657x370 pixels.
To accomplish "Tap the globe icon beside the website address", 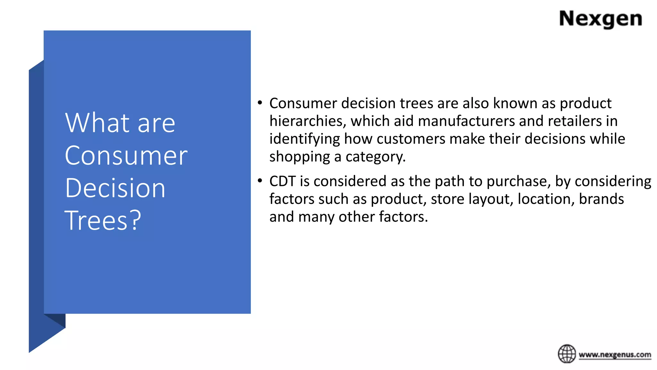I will click(567, 354).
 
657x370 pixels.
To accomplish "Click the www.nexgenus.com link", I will click(615, 355).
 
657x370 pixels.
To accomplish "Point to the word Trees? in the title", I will click(103, 221).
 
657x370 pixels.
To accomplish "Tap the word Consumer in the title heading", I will click(126, 155).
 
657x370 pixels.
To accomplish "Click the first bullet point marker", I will click(260, 103).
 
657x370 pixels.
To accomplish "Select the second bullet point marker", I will click(260, 181).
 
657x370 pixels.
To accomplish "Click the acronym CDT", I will click(282, 181).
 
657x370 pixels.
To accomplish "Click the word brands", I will click(601, 199).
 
